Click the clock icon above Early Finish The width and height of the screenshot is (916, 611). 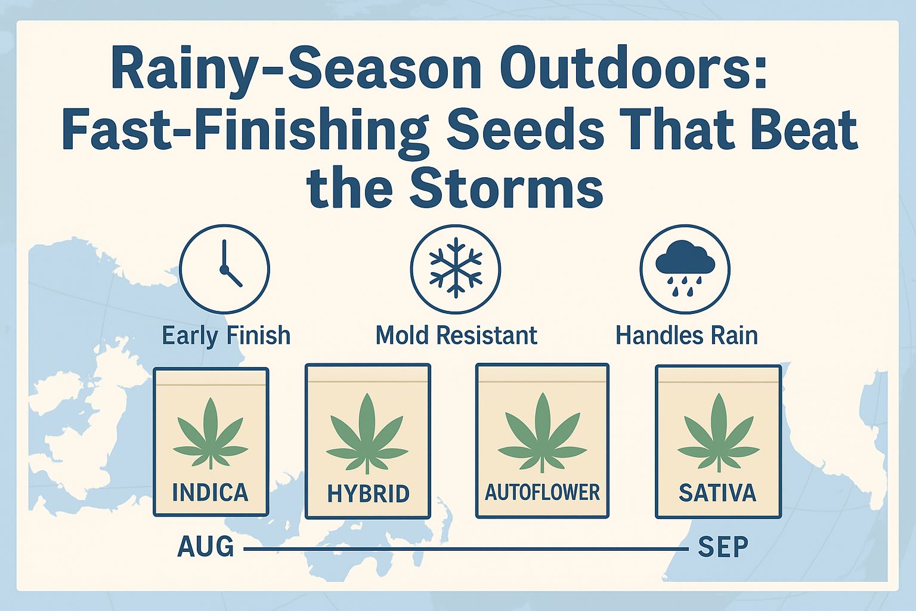coord(225,269)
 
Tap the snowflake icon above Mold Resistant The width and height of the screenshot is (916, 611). coord(456,269)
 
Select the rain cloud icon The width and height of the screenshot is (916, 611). coord(685,269)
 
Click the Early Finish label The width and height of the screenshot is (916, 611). coord(226,335)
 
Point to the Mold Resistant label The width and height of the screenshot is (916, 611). coord(456,335)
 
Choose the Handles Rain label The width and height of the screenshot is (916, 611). coord(686,335)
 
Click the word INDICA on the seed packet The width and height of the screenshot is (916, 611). coord(210,492)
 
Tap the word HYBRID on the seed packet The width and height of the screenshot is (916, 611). coord(369,493)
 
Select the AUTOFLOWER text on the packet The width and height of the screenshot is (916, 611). coord(542,492)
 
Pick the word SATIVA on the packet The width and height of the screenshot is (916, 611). coord(717,492)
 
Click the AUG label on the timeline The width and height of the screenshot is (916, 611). coord(206,547)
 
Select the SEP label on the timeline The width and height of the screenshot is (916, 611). coord(723,547)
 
